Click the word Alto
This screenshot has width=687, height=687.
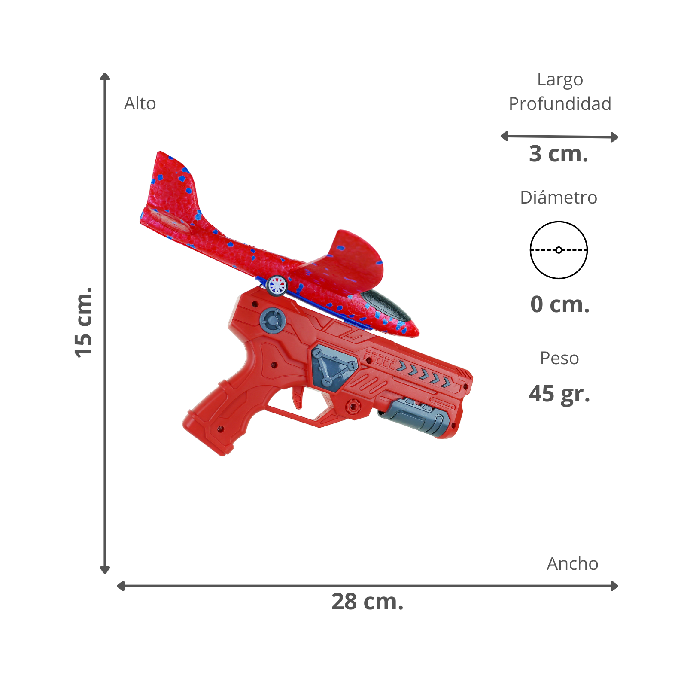140,103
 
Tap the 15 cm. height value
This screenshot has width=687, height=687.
83,322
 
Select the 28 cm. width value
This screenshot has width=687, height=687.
368,602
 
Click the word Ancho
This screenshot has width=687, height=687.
572,564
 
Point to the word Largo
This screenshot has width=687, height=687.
560,80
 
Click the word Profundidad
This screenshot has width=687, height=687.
560,104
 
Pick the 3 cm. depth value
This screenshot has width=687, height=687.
559,154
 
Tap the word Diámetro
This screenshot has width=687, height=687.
559,198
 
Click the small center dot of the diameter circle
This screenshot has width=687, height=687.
559,250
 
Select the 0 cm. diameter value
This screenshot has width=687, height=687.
560,304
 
